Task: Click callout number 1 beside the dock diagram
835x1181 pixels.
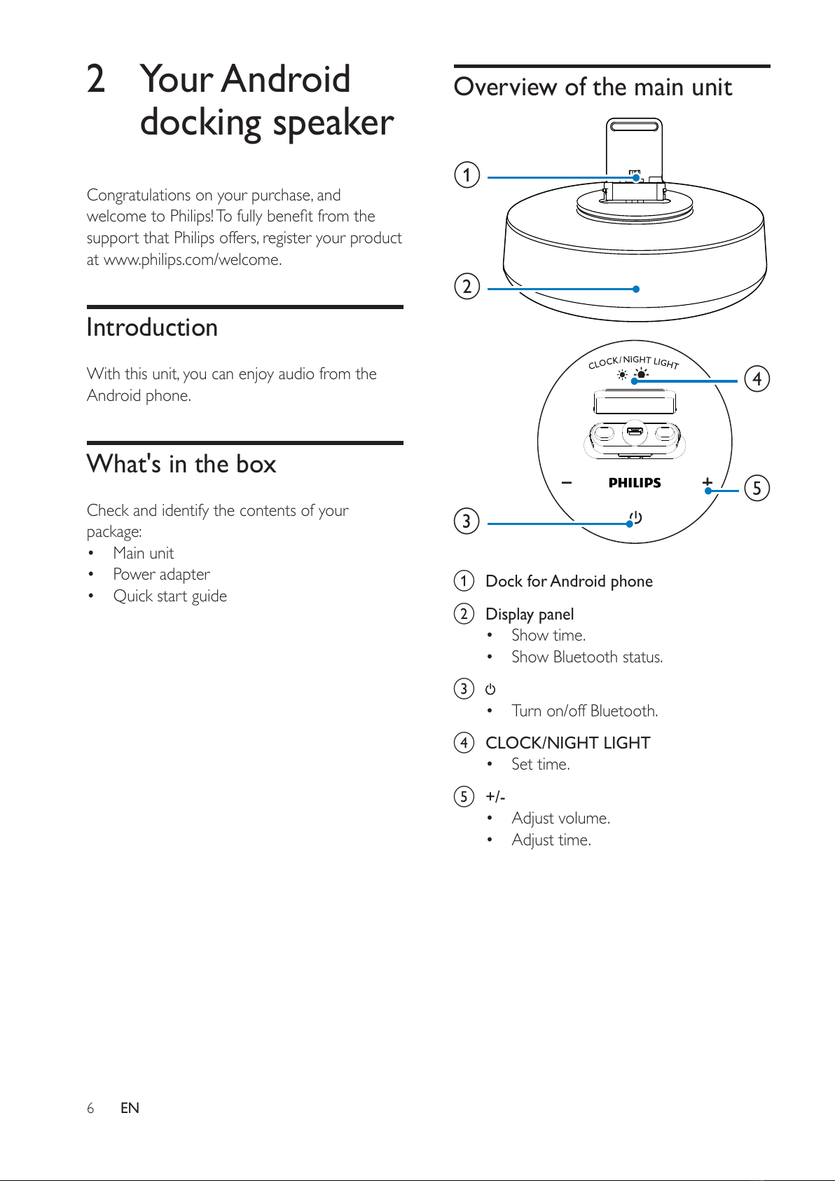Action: coord(467,175)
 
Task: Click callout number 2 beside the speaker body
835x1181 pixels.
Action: coord(467,286)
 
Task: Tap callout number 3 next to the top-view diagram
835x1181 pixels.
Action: coord(467,521)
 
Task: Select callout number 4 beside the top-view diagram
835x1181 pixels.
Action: coord(757,378)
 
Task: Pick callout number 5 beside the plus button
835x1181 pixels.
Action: coord(757,488)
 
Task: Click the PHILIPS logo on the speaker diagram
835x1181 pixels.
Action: coord(635,483)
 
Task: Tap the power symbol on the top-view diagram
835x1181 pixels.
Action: coord(635,518)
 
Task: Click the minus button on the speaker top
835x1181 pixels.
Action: coord(567,482)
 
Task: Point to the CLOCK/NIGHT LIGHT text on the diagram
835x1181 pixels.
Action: coord(633,362)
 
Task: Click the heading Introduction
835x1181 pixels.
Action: coord(152,327)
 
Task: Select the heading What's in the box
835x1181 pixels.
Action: coord(181,464)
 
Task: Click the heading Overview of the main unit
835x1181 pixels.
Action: coord(593,87)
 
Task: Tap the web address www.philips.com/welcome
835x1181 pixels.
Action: coord(192,259)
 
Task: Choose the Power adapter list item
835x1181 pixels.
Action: coord(161,574)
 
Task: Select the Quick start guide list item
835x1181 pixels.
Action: coord(170,596)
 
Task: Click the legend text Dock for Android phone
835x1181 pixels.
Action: coord(569,581)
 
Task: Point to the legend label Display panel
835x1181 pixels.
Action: coord(530,614)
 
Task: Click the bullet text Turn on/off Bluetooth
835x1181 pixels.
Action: coord(584,711)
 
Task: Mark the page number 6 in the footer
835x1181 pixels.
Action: coord(90,1107)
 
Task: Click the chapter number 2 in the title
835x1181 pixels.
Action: coord(96,78)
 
